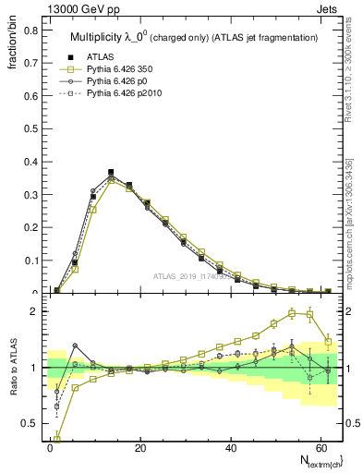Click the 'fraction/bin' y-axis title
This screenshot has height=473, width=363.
[12, 46]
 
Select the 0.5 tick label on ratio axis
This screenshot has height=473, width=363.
[31, 423]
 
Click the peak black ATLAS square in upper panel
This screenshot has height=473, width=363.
[111, 172]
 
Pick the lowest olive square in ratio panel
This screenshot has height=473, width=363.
[57, 439]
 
